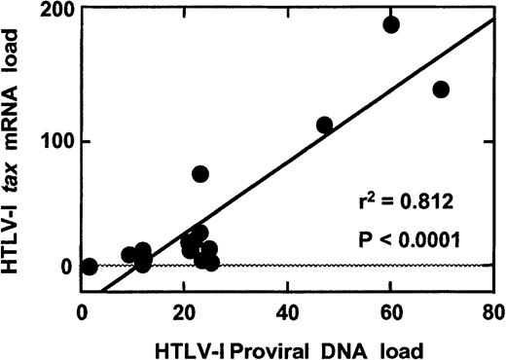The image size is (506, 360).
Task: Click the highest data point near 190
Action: pos(391,24)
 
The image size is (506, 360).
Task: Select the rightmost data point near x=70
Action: pos(441,90)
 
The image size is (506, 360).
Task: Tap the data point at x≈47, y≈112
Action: pos(324,125)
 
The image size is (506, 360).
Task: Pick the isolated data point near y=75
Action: pos(200,174)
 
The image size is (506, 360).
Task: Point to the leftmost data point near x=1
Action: pos(90,267)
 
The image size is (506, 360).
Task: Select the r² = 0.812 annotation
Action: pos(398,204)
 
